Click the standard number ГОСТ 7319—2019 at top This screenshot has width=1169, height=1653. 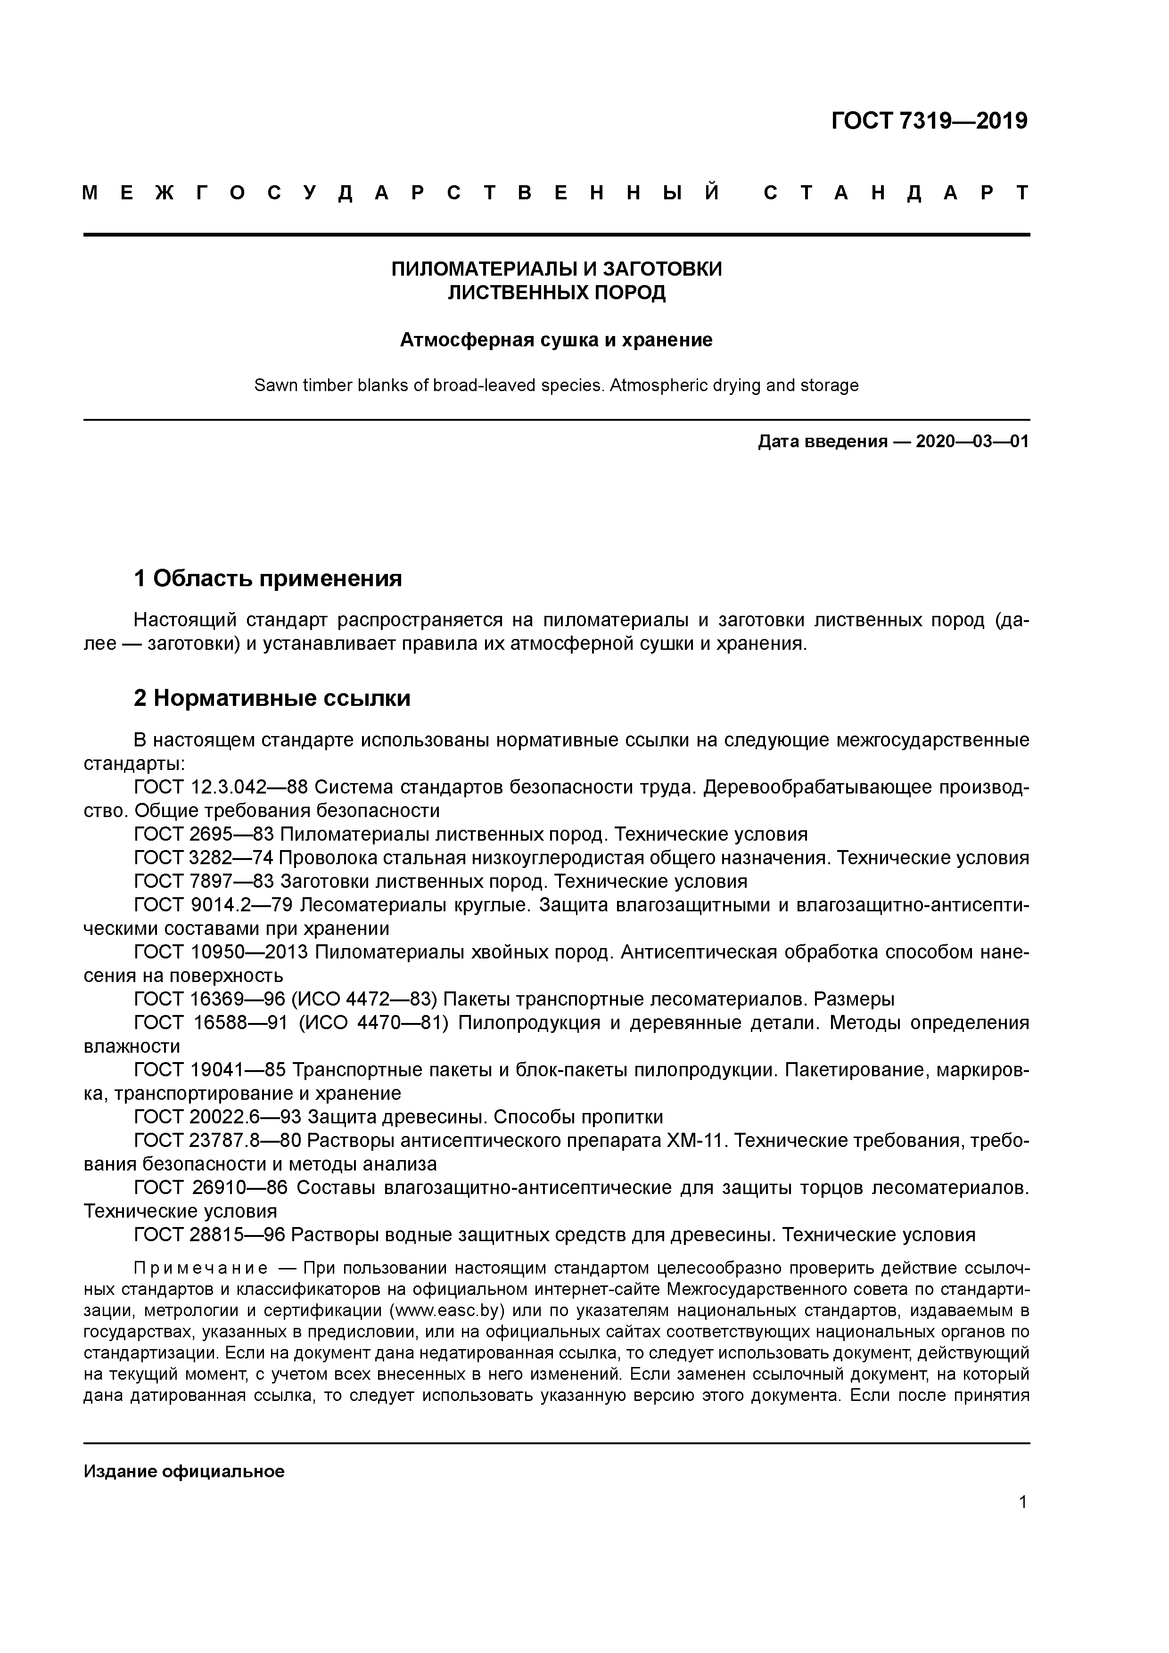coord(929,122)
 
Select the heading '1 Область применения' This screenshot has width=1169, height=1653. coord(267,578)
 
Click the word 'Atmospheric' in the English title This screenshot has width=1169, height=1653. coord(653,386)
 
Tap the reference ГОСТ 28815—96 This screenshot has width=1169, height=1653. coord(210,1236)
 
